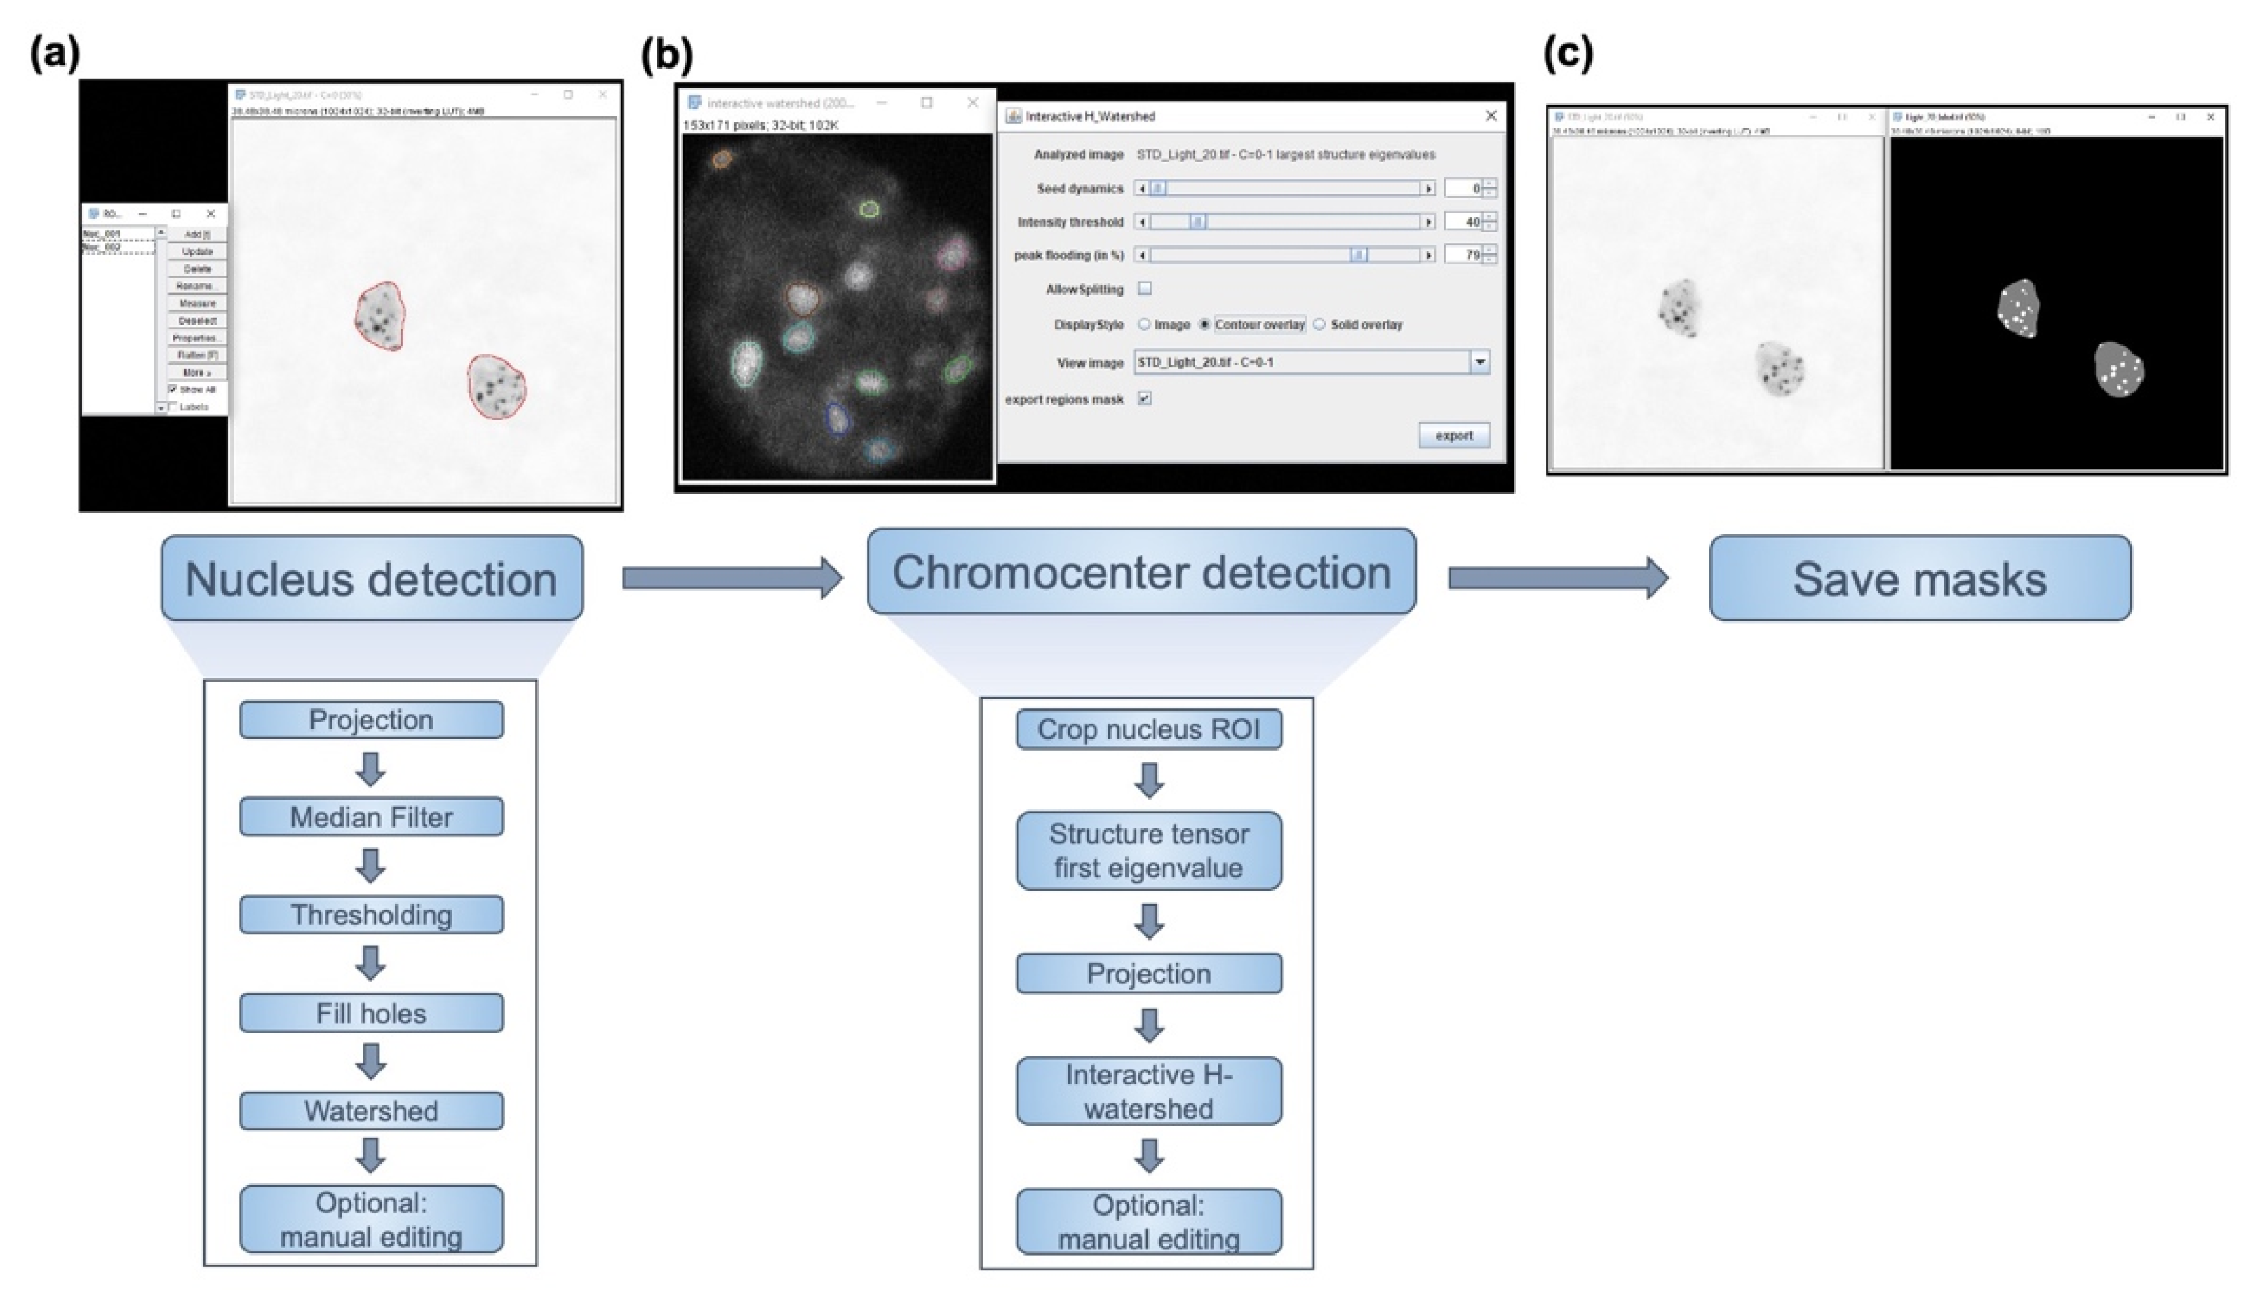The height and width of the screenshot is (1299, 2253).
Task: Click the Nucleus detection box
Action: coord(372,578)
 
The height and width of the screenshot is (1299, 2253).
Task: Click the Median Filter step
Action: coord(371,816)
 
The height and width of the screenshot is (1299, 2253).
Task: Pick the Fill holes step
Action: coord(371,1013)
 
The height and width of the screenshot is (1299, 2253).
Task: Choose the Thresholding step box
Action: coord(371,915)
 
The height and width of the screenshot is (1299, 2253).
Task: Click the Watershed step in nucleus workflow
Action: coord(371,1111)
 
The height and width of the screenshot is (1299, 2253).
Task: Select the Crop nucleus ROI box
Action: coord(1148,729)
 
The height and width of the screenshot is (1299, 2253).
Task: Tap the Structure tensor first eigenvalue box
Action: coord(1148,850)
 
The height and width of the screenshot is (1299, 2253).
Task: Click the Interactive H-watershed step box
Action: coord(1148,1091)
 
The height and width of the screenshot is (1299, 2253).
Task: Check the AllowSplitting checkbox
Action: coord(1144,288)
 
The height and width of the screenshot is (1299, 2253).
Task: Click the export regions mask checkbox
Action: coord(1144,399)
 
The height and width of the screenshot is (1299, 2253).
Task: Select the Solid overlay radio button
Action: coord(1319,325)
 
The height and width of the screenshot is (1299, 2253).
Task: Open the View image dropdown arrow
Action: coord(1480,362)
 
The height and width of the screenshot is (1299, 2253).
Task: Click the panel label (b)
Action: coord(666,55)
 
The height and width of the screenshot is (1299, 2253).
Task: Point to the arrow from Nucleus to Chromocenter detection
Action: coord(732,578)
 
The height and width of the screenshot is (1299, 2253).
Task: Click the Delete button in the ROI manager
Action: coord(197,269)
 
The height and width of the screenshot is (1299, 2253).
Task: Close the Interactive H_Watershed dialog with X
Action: coord(1491,116)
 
